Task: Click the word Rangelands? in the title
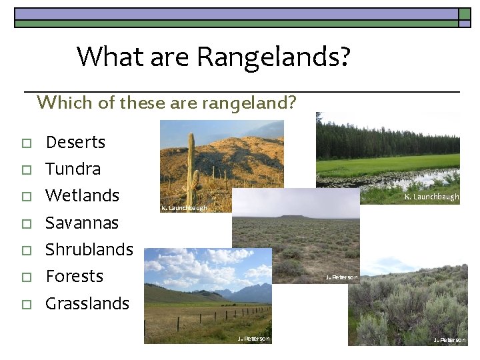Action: pos(272,57)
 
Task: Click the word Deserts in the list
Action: pos(75,143)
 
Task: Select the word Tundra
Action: pos(73,169)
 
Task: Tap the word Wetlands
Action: pos(82,196)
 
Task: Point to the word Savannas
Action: pos(81,223)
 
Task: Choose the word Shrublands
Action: pos(89,249)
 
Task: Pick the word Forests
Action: pos(74,276)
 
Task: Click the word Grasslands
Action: pos(87,303)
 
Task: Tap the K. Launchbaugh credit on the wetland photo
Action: pos(431,197)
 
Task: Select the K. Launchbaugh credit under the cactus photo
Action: pos(184,209)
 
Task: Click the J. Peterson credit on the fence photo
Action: pos(254,339)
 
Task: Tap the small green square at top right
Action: pos(465,23)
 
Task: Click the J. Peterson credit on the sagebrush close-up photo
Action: pos(449,340)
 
